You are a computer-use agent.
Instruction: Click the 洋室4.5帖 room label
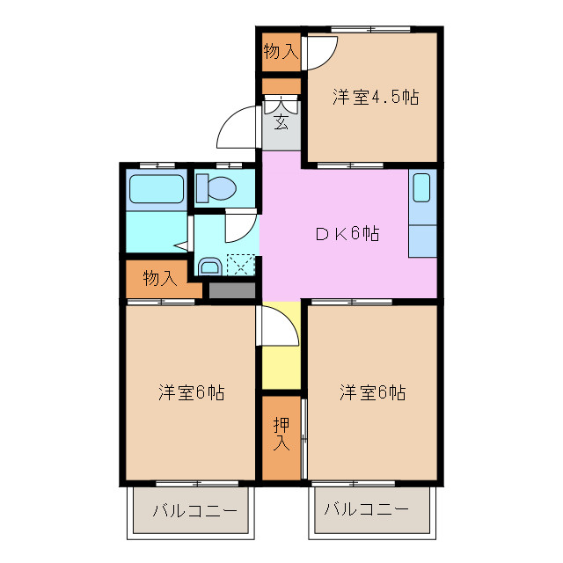[x=374, y=97]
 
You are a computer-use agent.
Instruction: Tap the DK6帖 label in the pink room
[x=348, y=235]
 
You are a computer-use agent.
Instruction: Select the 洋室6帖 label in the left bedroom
[x=191, y=391]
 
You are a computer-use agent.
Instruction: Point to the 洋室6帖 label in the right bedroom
[x=373, y=391]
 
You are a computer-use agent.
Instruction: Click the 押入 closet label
[x=281, y=433]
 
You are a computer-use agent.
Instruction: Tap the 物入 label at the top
[x=281, y=52]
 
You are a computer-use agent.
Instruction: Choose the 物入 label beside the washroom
[x=160, y=279]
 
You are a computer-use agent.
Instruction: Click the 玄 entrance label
[x=281, y=121]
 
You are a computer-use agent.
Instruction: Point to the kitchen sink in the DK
[x=422, y=189]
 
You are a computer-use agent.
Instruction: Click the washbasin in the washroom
[x=210, y=267]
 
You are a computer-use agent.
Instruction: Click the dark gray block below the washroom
[x=232, y=289]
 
